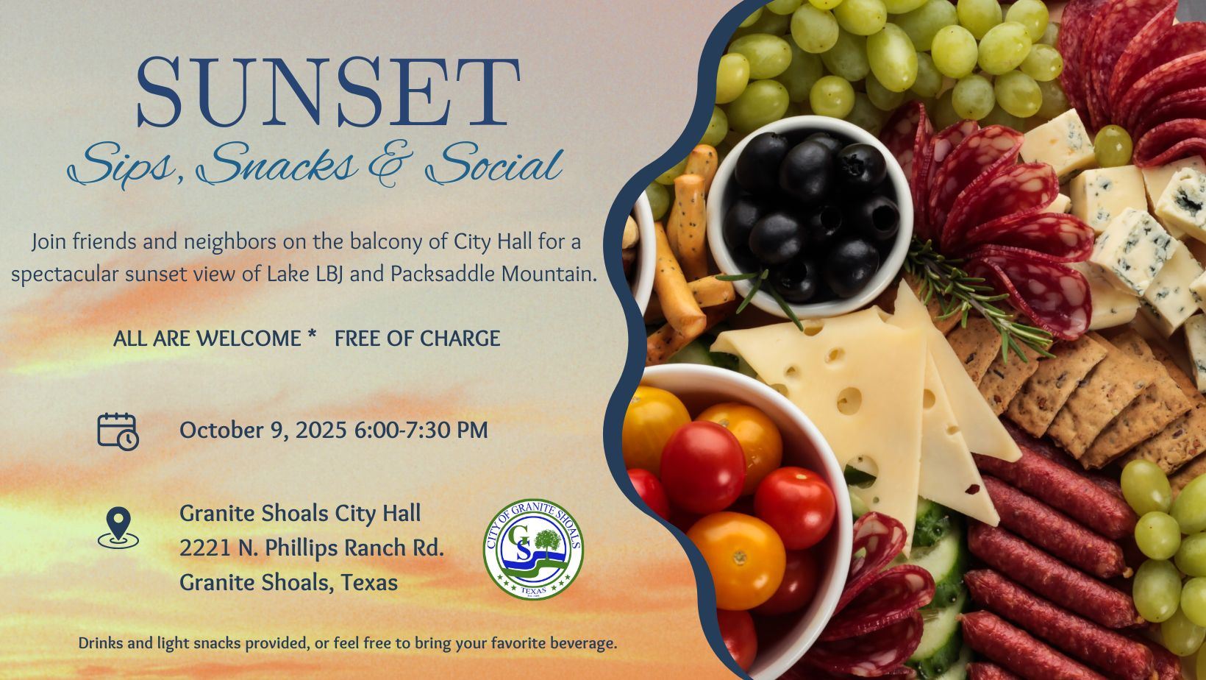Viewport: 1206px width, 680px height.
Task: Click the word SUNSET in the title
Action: [x=328, y=92]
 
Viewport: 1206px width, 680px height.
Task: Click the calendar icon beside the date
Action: [x=118, y=431]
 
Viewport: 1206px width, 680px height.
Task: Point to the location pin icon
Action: [x=118, y=527]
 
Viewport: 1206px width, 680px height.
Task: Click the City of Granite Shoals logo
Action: [x=533, y=548]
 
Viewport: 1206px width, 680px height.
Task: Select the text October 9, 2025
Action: [x=263, y=430]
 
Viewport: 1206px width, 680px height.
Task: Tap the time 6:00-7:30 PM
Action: [x=421, y=430]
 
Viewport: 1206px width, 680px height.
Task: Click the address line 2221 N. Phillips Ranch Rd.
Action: [x=311, y=548]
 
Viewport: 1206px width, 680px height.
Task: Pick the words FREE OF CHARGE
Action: [x=417, y=339]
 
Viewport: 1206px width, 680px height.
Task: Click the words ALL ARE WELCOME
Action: [x=207, y=339]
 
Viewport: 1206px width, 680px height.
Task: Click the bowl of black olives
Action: [x=809, y=213]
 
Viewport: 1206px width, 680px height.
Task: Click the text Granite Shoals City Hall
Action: [x=300, y=513]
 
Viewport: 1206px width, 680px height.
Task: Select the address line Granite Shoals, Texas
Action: [x=288, y=582]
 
